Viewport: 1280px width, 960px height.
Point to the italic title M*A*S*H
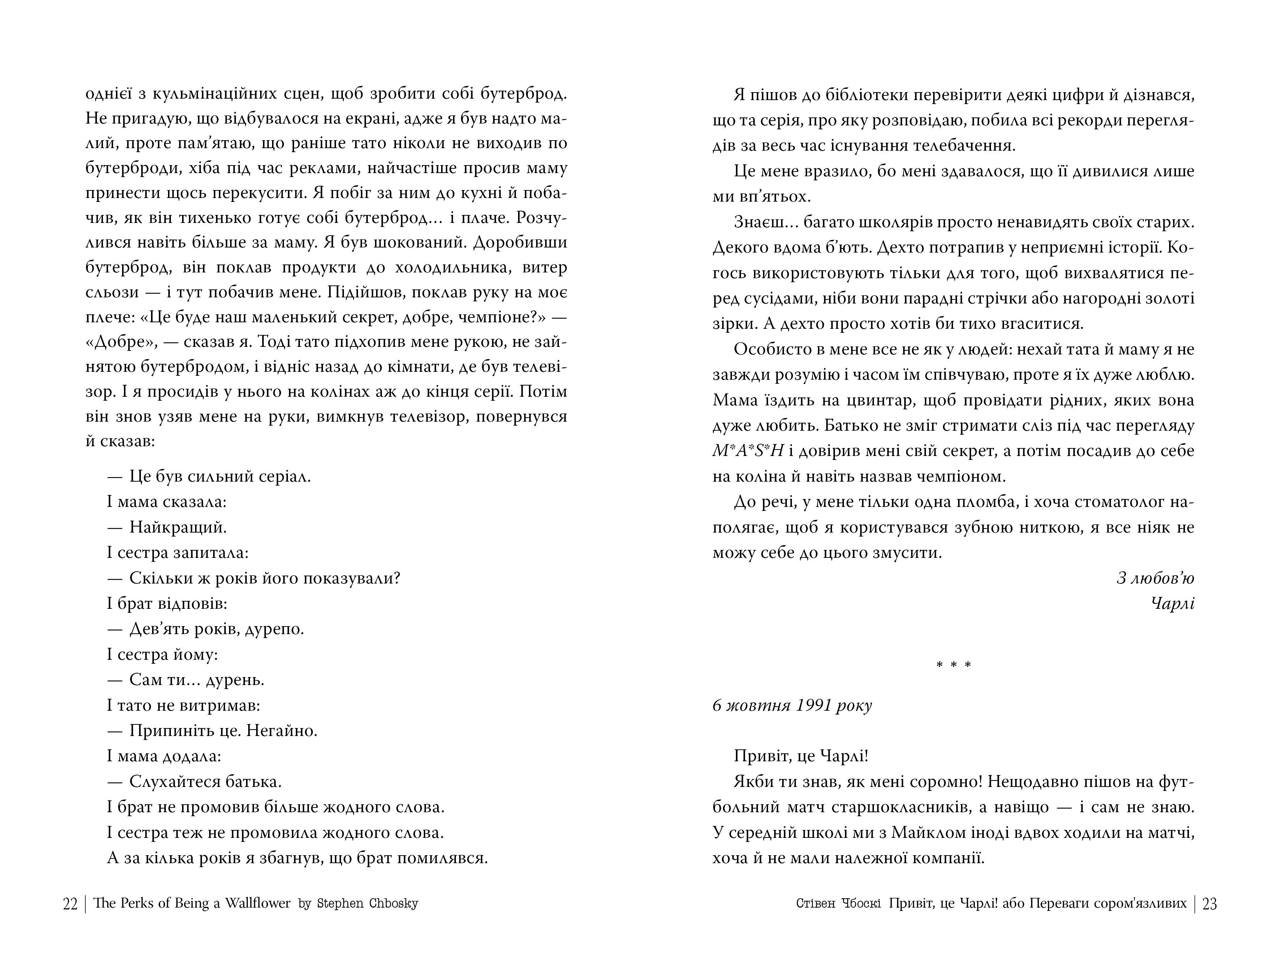click(x=747, y=451)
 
